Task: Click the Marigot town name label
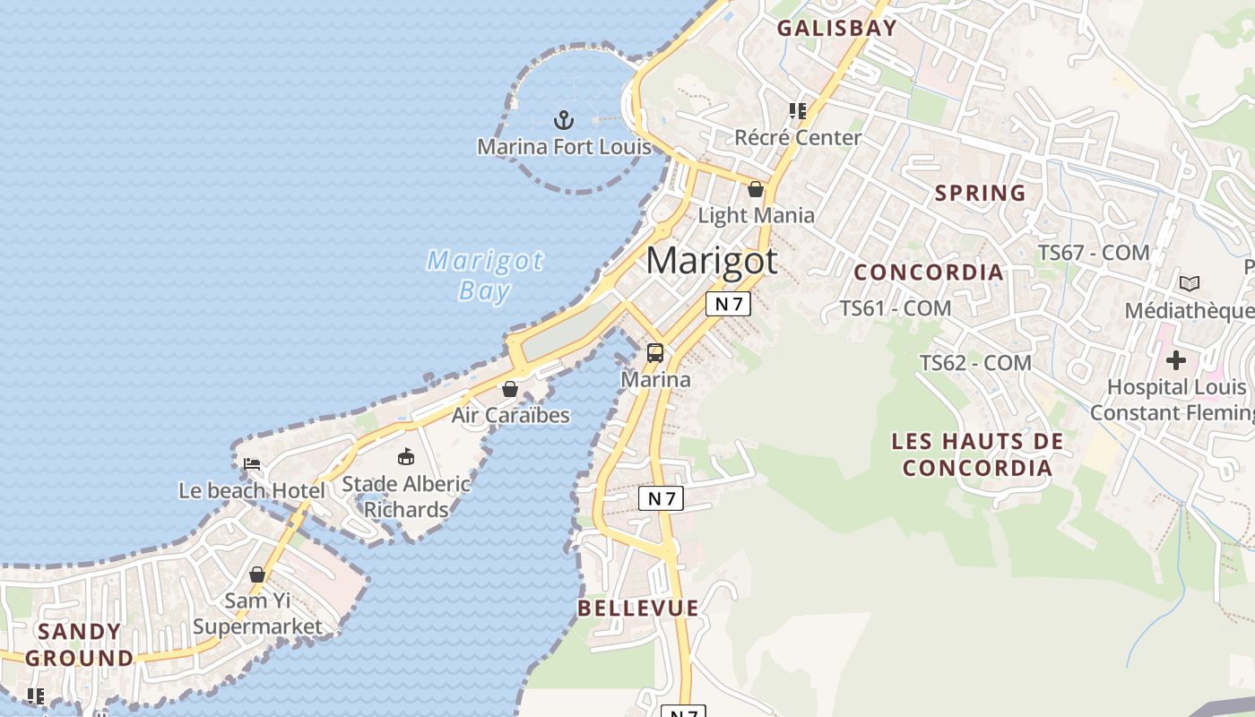712,261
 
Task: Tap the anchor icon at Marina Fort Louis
563,119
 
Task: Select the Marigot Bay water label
485,275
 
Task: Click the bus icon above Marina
655,353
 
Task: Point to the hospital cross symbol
1175,360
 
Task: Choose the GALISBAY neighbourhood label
836,28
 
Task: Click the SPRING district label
980,193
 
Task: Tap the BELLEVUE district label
637,608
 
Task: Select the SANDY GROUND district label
79,644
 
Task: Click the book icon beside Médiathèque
1190,283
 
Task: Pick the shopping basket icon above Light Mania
756,189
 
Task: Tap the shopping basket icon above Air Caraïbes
510,389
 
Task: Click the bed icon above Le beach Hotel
252,464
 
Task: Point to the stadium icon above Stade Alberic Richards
406,457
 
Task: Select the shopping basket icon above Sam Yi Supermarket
257,574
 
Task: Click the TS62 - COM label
975,363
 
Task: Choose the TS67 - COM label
1094,253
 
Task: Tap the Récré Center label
798,137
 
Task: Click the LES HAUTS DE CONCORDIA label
977,454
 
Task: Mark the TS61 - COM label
896,308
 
